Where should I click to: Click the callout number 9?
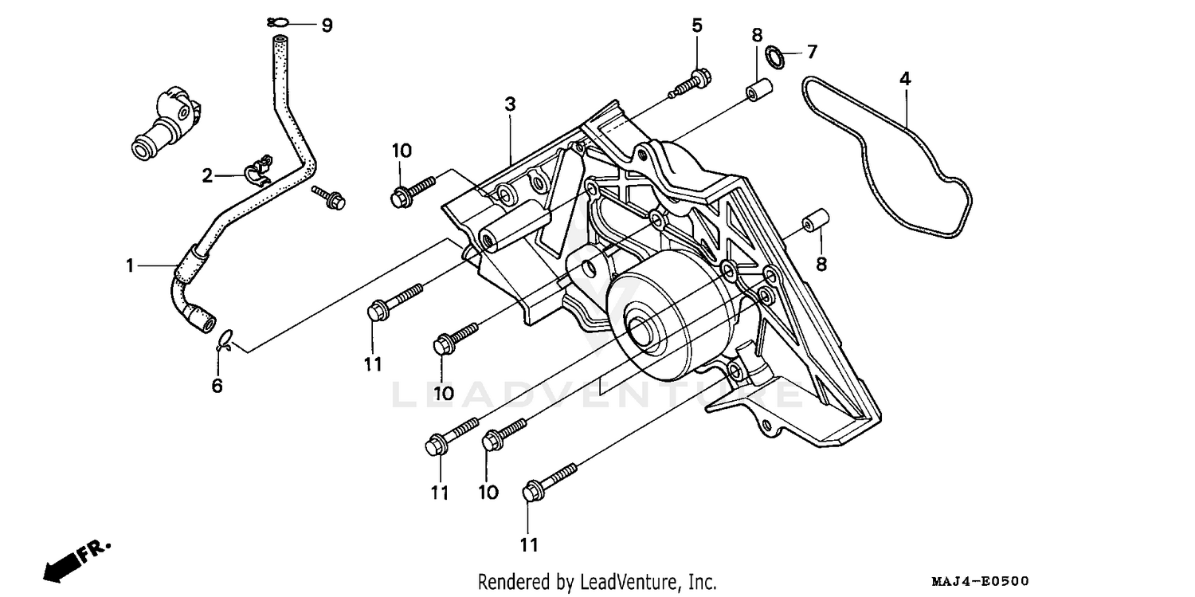click(x=326, y=26)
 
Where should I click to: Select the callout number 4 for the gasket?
click(x=905, y=79)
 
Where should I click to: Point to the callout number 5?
click(x=697, y=26)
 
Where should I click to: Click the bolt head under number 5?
click(x=700, y=77)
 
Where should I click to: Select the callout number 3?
click(x=510, y=104)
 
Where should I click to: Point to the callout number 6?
click(x=217, y=387)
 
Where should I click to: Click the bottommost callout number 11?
click(x=529, y=545)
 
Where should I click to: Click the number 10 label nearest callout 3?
click(x=401, y=150)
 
